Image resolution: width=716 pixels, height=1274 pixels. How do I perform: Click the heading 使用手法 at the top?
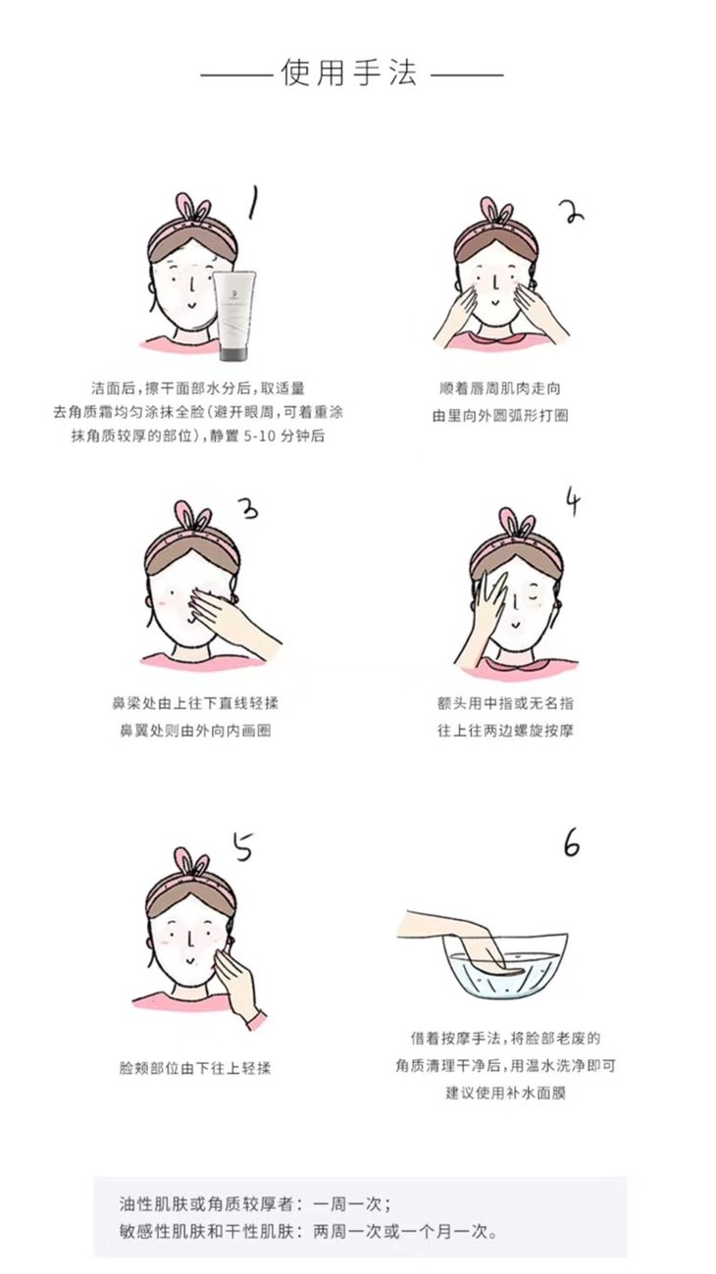pos(350,73)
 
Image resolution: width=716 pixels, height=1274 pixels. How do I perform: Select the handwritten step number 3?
pos(248,508)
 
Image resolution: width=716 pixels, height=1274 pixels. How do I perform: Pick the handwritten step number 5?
pos(243,846)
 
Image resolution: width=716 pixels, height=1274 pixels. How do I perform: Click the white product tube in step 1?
pos(234,316)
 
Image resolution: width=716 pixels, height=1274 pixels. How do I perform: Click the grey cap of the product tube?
pos(235,354)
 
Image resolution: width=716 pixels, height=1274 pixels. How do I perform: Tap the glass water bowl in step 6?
pos(505,965)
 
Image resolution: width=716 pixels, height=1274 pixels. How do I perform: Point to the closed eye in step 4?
pos(533,597)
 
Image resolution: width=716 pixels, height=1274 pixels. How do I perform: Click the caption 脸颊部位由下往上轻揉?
pos(194,1067)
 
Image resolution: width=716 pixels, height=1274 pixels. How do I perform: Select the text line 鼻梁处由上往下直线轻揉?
pos(194,703)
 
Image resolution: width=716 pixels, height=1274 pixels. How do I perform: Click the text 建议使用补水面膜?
pos(505,1093)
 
